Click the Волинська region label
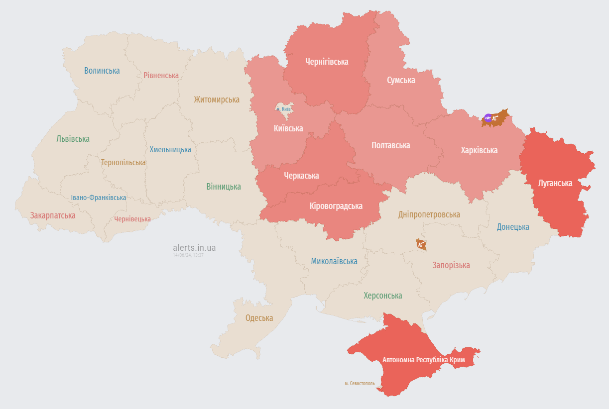tap(102, 71)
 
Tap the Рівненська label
tap(161, 76)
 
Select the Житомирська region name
tap(217, 100)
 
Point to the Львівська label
tap(73, 139)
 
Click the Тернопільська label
tap(123, 163)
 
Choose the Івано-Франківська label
tap(98, 198)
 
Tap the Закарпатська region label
tap(53, 215)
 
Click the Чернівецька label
tap(132, 219)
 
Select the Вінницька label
tap(224, 187)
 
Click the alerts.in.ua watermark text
tap(194, 247)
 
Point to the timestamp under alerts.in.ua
tap(188, 255)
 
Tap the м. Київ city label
tap(283, 109)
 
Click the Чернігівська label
tap(327, 62)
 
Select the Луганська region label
tap(555, 183)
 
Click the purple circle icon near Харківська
tap(488, 118)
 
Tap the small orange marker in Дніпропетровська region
tap(421, 244)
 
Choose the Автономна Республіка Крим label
tap(423, 360)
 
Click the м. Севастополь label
tap(360, 384)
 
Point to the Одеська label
tap(259, 318)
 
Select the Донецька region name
tap(513, 227)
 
